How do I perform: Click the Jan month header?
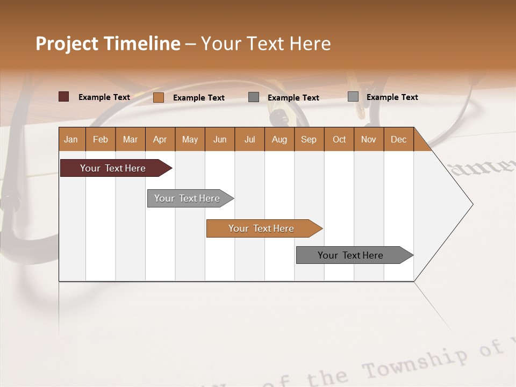[x=71, y=139]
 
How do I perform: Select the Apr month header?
[x=160, y=139]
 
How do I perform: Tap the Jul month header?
[x=249, y=139]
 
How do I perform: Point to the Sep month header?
[x=309, y=139]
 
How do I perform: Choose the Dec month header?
[x=398, y=139]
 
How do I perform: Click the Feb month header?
[x=101, y=139]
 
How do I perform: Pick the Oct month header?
[x=339, y=139]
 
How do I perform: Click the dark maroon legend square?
[x=63, y=97]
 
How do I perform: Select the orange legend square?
[x=158, y=97]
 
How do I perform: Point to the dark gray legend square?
[x=254, y=97]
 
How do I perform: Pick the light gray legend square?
[x=353, y=97]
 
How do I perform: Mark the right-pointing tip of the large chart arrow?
[x=472, y=204]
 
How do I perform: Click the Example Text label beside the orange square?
[x=198, y=98]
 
